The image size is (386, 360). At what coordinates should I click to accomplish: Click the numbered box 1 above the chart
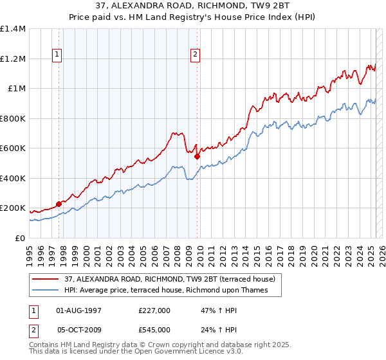point(57,55)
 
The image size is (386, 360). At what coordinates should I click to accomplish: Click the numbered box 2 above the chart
point(195,55)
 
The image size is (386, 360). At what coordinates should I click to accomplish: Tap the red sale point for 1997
point(59,204)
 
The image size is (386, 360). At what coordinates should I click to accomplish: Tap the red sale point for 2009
point(198,156)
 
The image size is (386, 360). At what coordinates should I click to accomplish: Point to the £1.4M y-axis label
point(13,29)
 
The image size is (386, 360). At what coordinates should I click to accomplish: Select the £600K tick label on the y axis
point(13,148)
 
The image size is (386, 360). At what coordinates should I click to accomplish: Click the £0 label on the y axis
point(19,238)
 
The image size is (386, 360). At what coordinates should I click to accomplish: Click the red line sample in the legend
point(46,279)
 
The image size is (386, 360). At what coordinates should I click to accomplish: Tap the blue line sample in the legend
point(46,291)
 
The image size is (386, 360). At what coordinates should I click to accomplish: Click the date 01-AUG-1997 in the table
point(78,310)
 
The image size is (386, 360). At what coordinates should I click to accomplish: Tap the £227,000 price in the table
point(154,310)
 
